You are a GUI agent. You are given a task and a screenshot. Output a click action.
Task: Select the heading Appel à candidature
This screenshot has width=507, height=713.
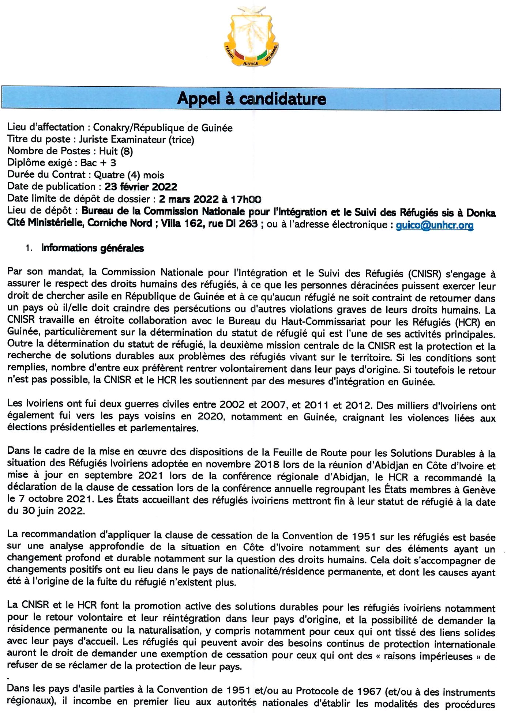251,99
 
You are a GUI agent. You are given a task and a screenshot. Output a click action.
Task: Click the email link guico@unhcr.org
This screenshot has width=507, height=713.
435,225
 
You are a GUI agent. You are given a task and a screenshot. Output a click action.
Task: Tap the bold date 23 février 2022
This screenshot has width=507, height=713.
141,187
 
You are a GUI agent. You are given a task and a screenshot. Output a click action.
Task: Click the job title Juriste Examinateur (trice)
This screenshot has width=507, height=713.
136,139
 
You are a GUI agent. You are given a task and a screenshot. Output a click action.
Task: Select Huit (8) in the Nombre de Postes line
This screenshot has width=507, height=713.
116,151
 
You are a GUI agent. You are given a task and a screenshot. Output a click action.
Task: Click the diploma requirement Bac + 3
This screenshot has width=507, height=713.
98,163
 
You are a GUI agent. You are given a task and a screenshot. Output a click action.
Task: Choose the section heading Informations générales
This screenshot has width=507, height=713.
92,248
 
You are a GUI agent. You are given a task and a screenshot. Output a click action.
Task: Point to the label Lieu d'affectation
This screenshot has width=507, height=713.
46,127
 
